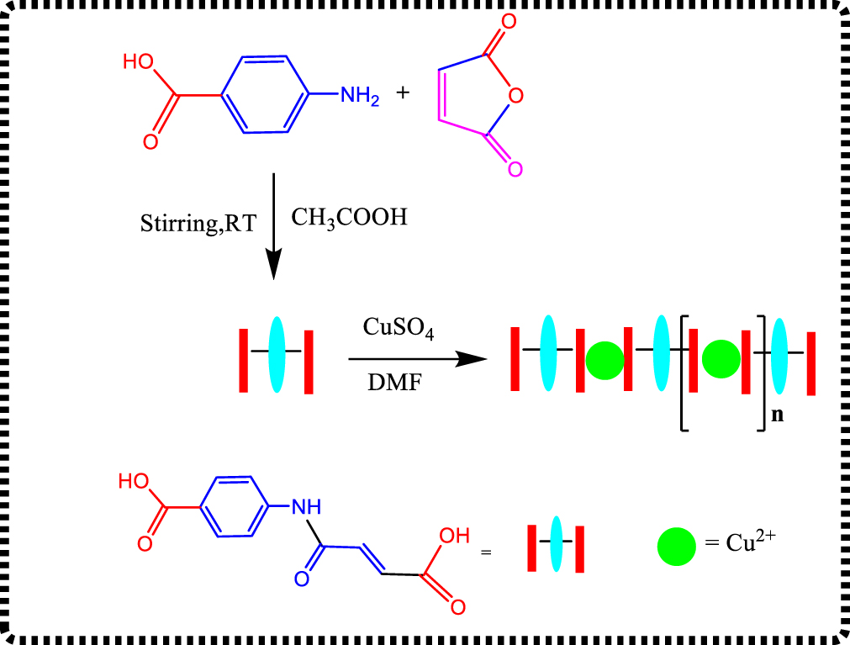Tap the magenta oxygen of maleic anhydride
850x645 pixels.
pyautogui.click(x=515, y=168)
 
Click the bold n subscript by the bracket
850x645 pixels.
pyautogui.click(x=778, y=415)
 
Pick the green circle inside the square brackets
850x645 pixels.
pyautogui.click(x=721, y=358)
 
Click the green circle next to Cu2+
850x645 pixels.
pyautogui.click(x=676, y=547)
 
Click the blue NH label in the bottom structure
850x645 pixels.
pyautogui.click(x=306, y=506)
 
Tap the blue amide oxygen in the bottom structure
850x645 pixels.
pyautogui.click(x=301, y=578)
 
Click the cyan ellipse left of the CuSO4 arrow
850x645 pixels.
pyautogui.click(x=277, y=354)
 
